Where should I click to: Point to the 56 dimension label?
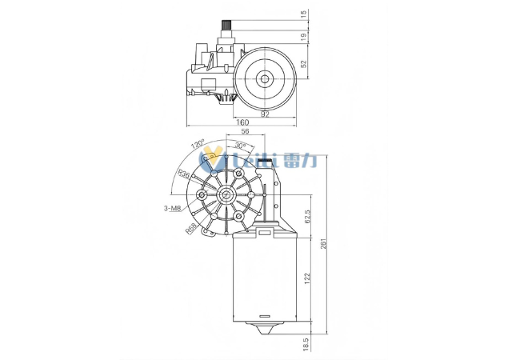[245, 132]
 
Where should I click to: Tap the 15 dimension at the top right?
[304, 14]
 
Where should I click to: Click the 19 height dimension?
[304, 36]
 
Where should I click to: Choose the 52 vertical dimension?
[304, 63]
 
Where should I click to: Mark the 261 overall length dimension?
[323, 244]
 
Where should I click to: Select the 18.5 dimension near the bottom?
[307, 344]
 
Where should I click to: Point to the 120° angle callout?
[198, 146]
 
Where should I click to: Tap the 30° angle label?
[241, 146]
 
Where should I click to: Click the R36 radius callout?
[183, 174]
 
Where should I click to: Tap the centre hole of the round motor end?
[263, 78]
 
